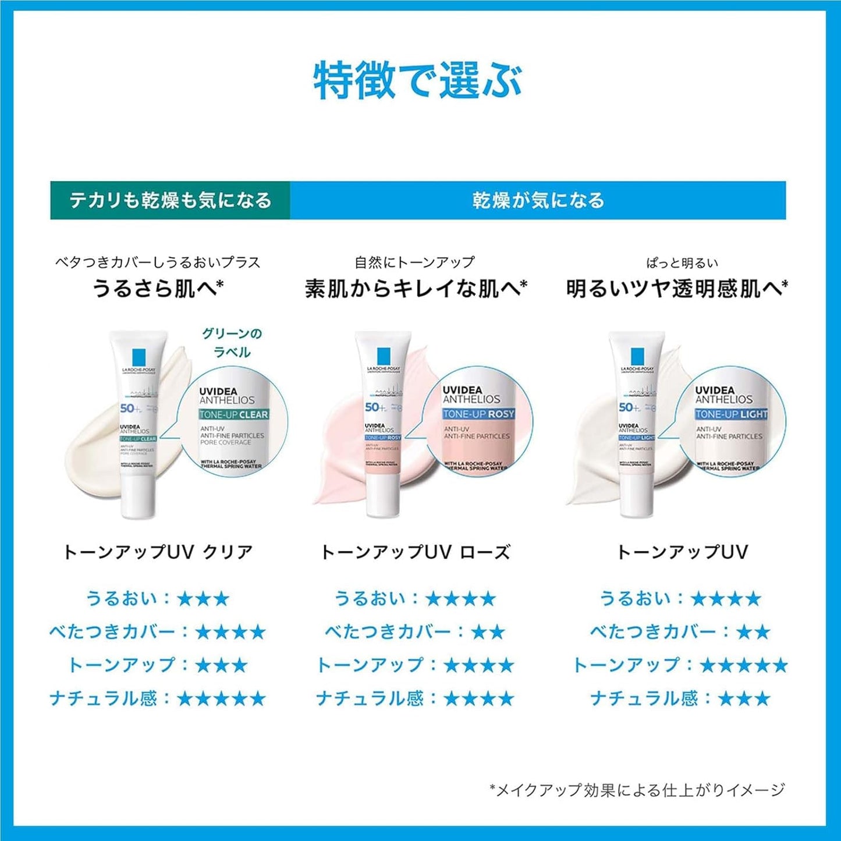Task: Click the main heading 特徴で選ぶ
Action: click(x=418, y=81)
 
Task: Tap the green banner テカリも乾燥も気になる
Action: click(x=170, y=200)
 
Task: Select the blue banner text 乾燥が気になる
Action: click(x=538, y=200)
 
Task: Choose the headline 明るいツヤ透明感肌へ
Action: click(x=677, y=288)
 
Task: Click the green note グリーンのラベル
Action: click(x=232, y=343)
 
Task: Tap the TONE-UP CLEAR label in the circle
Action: click(x=233, y=415)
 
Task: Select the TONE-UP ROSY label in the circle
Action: click(x=478, y=414)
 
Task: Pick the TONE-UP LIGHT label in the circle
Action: click(x=731, y=414)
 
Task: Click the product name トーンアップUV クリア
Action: click(x=158, y=552)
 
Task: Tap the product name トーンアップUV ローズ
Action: click(x=416, y=552)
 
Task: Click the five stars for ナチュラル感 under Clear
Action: click(x=221, y=698)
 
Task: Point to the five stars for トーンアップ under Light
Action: click(x=743, y=665)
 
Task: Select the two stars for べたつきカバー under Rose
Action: click(x=488, y=632)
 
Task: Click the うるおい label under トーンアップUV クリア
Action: click(x=121, y=598)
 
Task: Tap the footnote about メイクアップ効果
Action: click(x=637, y=790)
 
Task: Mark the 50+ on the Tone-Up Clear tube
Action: click(x=129, y=408)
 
